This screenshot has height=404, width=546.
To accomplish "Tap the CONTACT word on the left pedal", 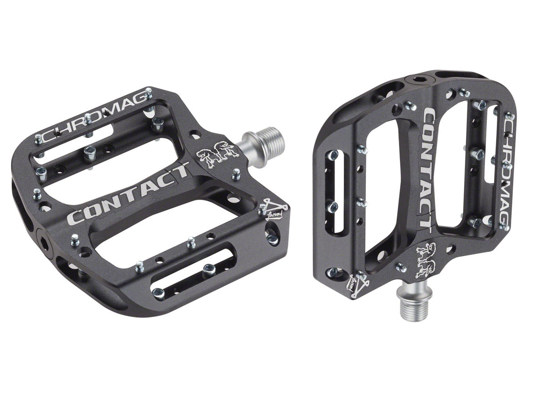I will coord(129,194).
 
